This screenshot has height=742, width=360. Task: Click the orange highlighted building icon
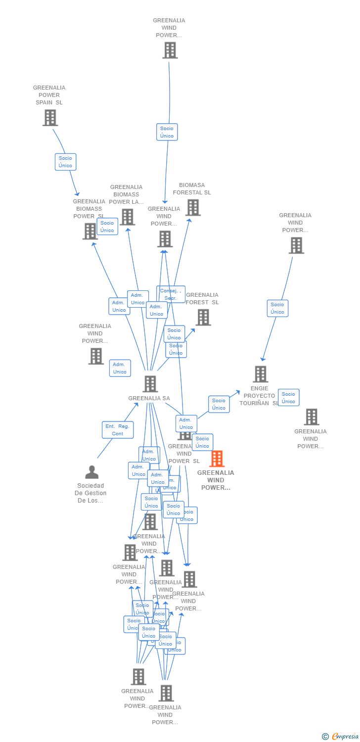click(217, 459)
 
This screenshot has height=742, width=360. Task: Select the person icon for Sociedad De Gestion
click(92, 472)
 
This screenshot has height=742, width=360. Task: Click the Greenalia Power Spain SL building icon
click(50, 118)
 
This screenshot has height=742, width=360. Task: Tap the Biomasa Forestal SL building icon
click(193, 208)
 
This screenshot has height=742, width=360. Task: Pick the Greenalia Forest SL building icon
click(203, 318)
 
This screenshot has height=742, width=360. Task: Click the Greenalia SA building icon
click(150, 384)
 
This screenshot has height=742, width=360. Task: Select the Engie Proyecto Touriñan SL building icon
click(261, 374)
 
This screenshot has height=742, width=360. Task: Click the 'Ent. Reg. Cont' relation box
click(118, 430)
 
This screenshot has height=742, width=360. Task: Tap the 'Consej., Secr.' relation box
click(171, 294)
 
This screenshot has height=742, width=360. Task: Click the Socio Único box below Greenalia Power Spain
click(65, 162)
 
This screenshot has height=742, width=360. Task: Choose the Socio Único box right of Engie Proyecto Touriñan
click(288, 398)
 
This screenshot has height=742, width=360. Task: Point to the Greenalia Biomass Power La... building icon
click(127, 217)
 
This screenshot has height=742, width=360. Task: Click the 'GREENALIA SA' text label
click(149, 398)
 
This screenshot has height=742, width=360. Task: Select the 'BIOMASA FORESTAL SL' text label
click(191, 189)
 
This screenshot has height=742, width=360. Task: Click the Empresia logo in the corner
click(341, 736)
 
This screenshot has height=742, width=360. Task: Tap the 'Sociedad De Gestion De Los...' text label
click(90, 493)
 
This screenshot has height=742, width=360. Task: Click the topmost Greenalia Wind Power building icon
click(170, 50)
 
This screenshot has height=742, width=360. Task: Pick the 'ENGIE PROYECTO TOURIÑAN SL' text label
click(259, 396)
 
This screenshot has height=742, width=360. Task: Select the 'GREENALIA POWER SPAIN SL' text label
click(49, 95)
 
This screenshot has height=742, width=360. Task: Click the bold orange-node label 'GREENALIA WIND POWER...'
click(216, 480)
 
